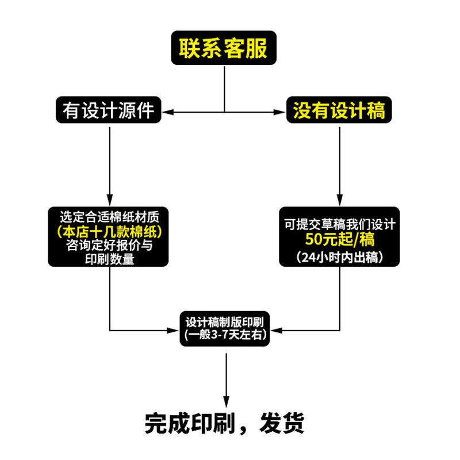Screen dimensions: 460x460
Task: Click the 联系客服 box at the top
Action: pos(223,48)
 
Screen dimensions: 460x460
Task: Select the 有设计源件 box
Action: pos(108,109)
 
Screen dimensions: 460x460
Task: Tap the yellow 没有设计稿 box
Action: pos(339,109)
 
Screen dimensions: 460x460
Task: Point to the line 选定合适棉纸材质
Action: pos(109,218)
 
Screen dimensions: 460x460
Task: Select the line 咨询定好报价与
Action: pos(109,246)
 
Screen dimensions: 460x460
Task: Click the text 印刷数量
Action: pos(109,259)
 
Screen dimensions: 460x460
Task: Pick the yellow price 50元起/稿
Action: pos(339,238)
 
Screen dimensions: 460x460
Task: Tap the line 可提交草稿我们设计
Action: pos(339,224)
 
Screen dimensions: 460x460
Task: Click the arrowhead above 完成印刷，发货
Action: pos(225,402)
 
